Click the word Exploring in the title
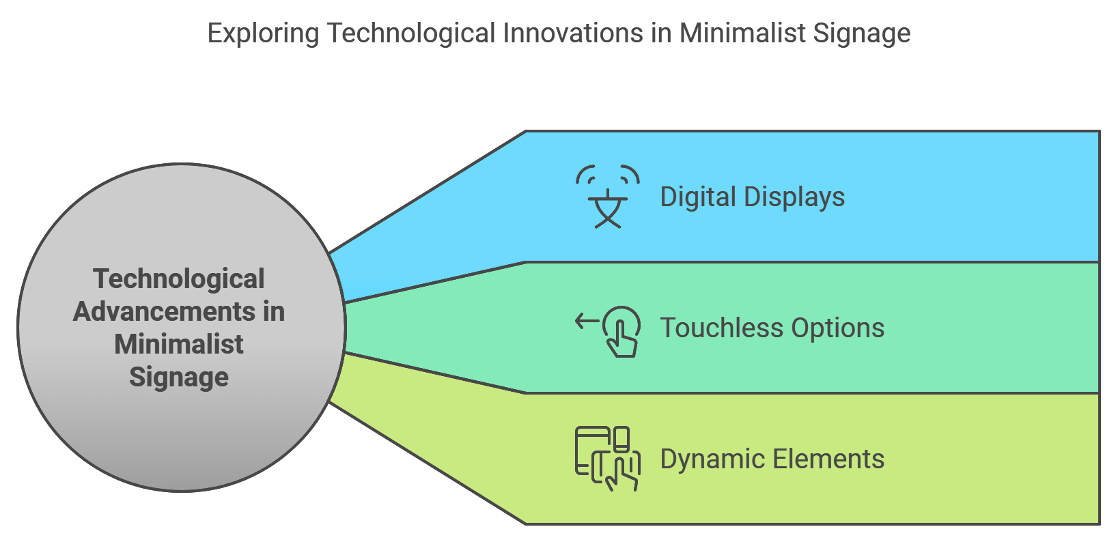coord(263,34)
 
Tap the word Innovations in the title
coord(573,33)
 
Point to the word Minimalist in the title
coord(742,33)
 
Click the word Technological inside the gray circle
coord(179,279)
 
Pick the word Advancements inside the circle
coord(164,311)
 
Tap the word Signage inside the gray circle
coord(179,377)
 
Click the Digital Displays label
coord(752,197)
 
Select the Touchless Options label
coord(772,328)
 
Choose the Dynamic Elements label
coord(772,459)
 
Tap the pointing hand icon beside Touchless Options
coord(621,331)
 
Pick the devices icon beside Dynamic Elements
coord(607,459)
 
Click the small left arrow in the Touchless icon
coord(587,321)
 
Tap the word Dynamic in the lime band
coord(712,460)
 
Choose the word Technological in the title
coord(410,34)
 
